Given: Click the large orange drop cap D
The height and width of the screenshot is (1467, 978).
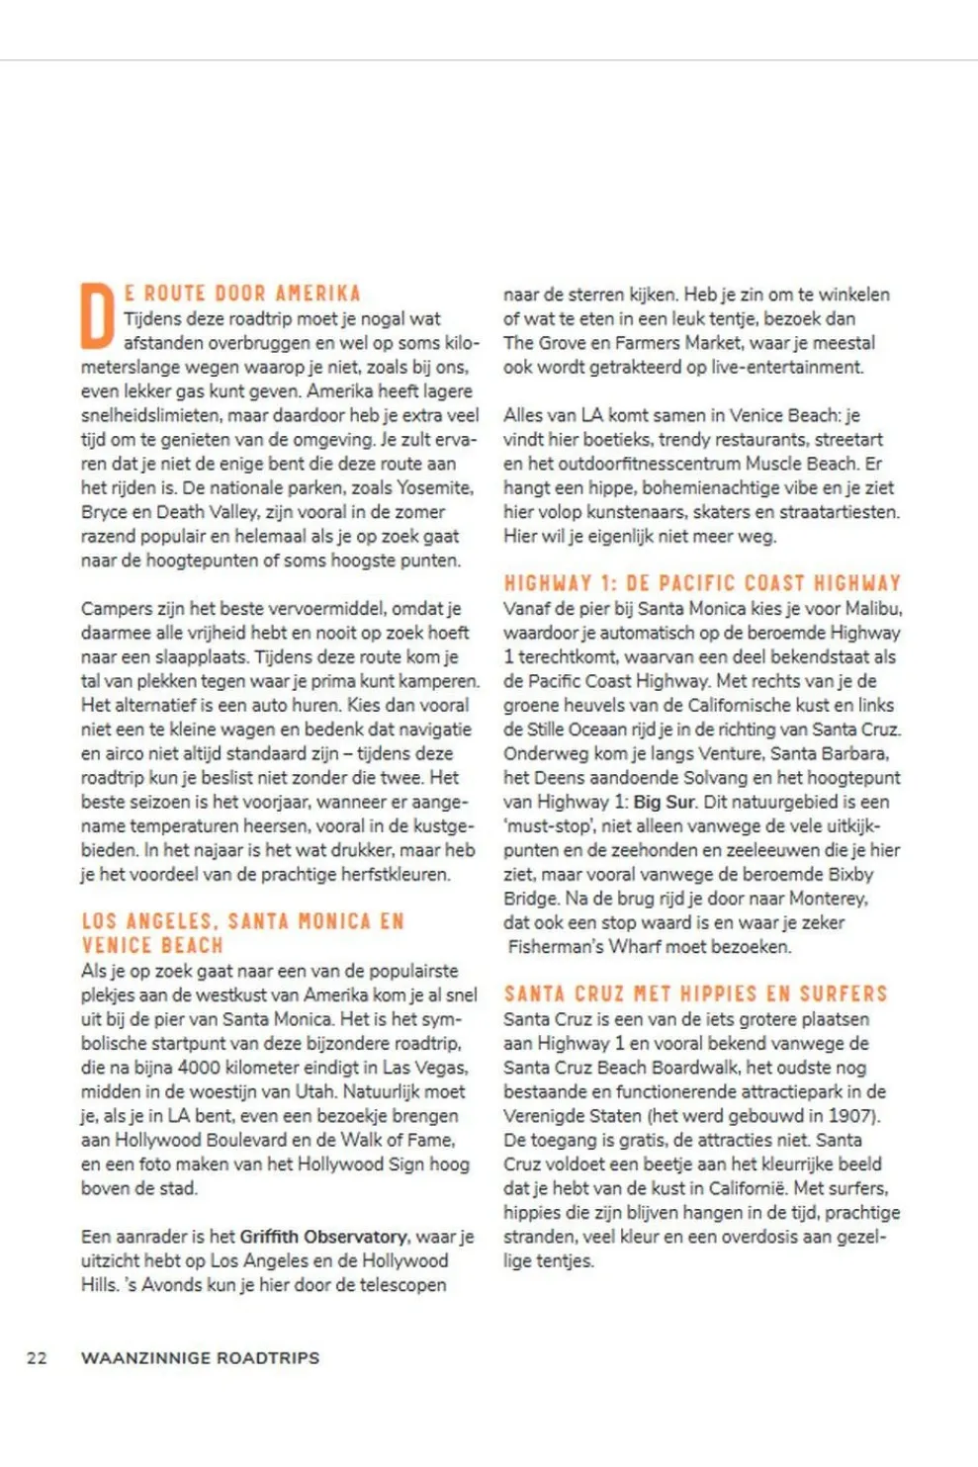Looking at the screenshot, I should (x=98, y=315).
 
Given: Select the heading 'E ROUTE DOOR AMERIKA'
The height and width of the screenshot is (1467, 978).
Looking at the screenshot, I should (x=242, y=294).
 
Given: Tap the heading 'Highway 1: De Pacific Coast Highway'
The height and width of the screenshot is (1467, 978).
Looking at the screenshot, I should (x=702, y=583).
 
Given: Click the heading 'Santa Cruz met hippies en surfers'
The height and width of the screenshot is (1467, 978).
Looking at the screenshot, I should (x=695, y=993).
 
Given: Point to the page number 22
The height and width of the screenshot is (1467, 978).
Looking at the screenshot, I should (x=37, y=1358).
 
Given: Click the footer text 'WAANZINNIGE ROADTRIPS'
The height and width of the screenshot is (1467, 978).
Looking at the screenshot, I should (x=200, y=1358).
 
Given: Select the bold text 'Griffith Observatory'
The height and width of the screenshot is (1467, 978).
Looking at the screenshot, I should (x=323, y=1237).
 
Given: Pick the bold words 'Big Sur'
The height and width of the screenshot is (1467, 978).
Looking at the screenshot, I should (x=665, y=802).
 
